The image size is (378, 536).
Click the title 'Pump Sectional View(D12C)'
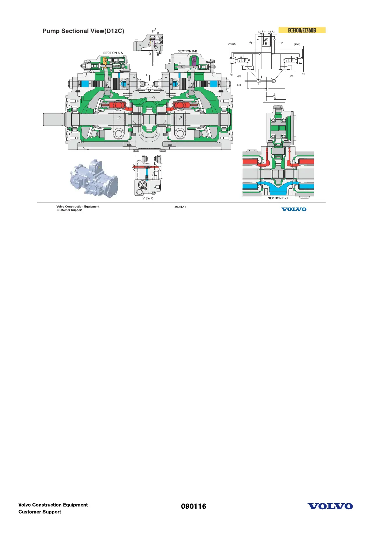(83, 31)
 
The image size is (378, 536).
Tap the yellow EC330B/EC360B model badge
(302, 30)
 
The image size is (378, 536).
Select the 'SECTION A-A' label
(113, 53)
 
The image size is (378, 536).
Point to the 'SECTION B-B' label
(187, 51)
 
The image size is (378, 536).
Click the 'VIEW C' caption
(148, 198)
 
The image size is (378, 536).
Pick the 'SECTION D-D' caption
(278, 198)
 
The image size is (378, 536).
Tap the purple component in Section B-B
(194, 61)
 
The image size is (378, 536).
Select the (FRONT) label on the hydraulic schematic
(232, 44)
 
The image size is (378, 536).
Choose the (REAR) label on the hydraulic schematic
(297, 45)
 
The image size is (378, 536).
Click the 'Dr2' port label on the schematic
(291, 76)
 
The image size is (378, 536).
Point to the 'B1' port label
(239, 85)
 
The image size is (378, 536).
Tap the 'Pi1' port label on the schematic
(231, 75)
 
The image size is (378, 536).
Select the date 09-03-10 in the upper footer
(180, 207)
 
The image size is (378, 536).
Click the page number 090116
(193, 506)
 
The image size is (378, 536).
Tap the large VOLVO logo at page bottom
(330, 506)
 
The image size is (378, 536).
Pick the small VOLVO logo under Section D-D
(294, 209)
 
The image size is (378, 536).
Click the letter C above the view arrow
(147, 75)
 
